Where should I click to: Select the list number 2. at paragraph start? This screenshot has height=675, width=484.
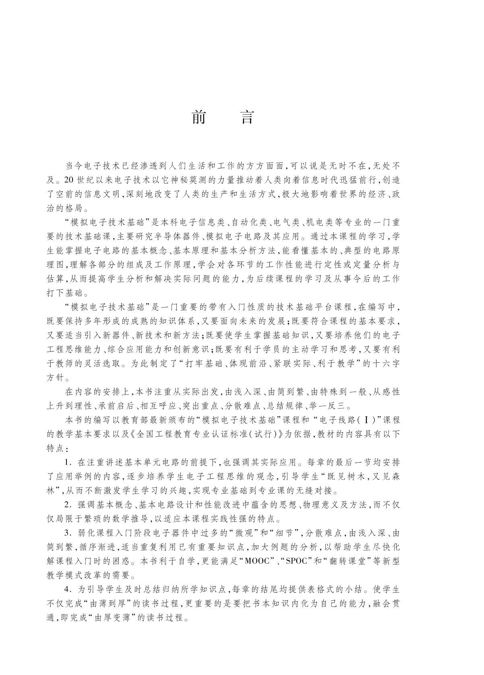[x=68, y=505]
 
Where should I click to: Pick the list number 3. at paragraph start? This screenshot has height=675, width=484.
[x=68, y=533]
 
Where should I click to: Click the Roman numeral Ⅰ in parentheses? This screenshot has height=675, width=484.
[x=366, y=420]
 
